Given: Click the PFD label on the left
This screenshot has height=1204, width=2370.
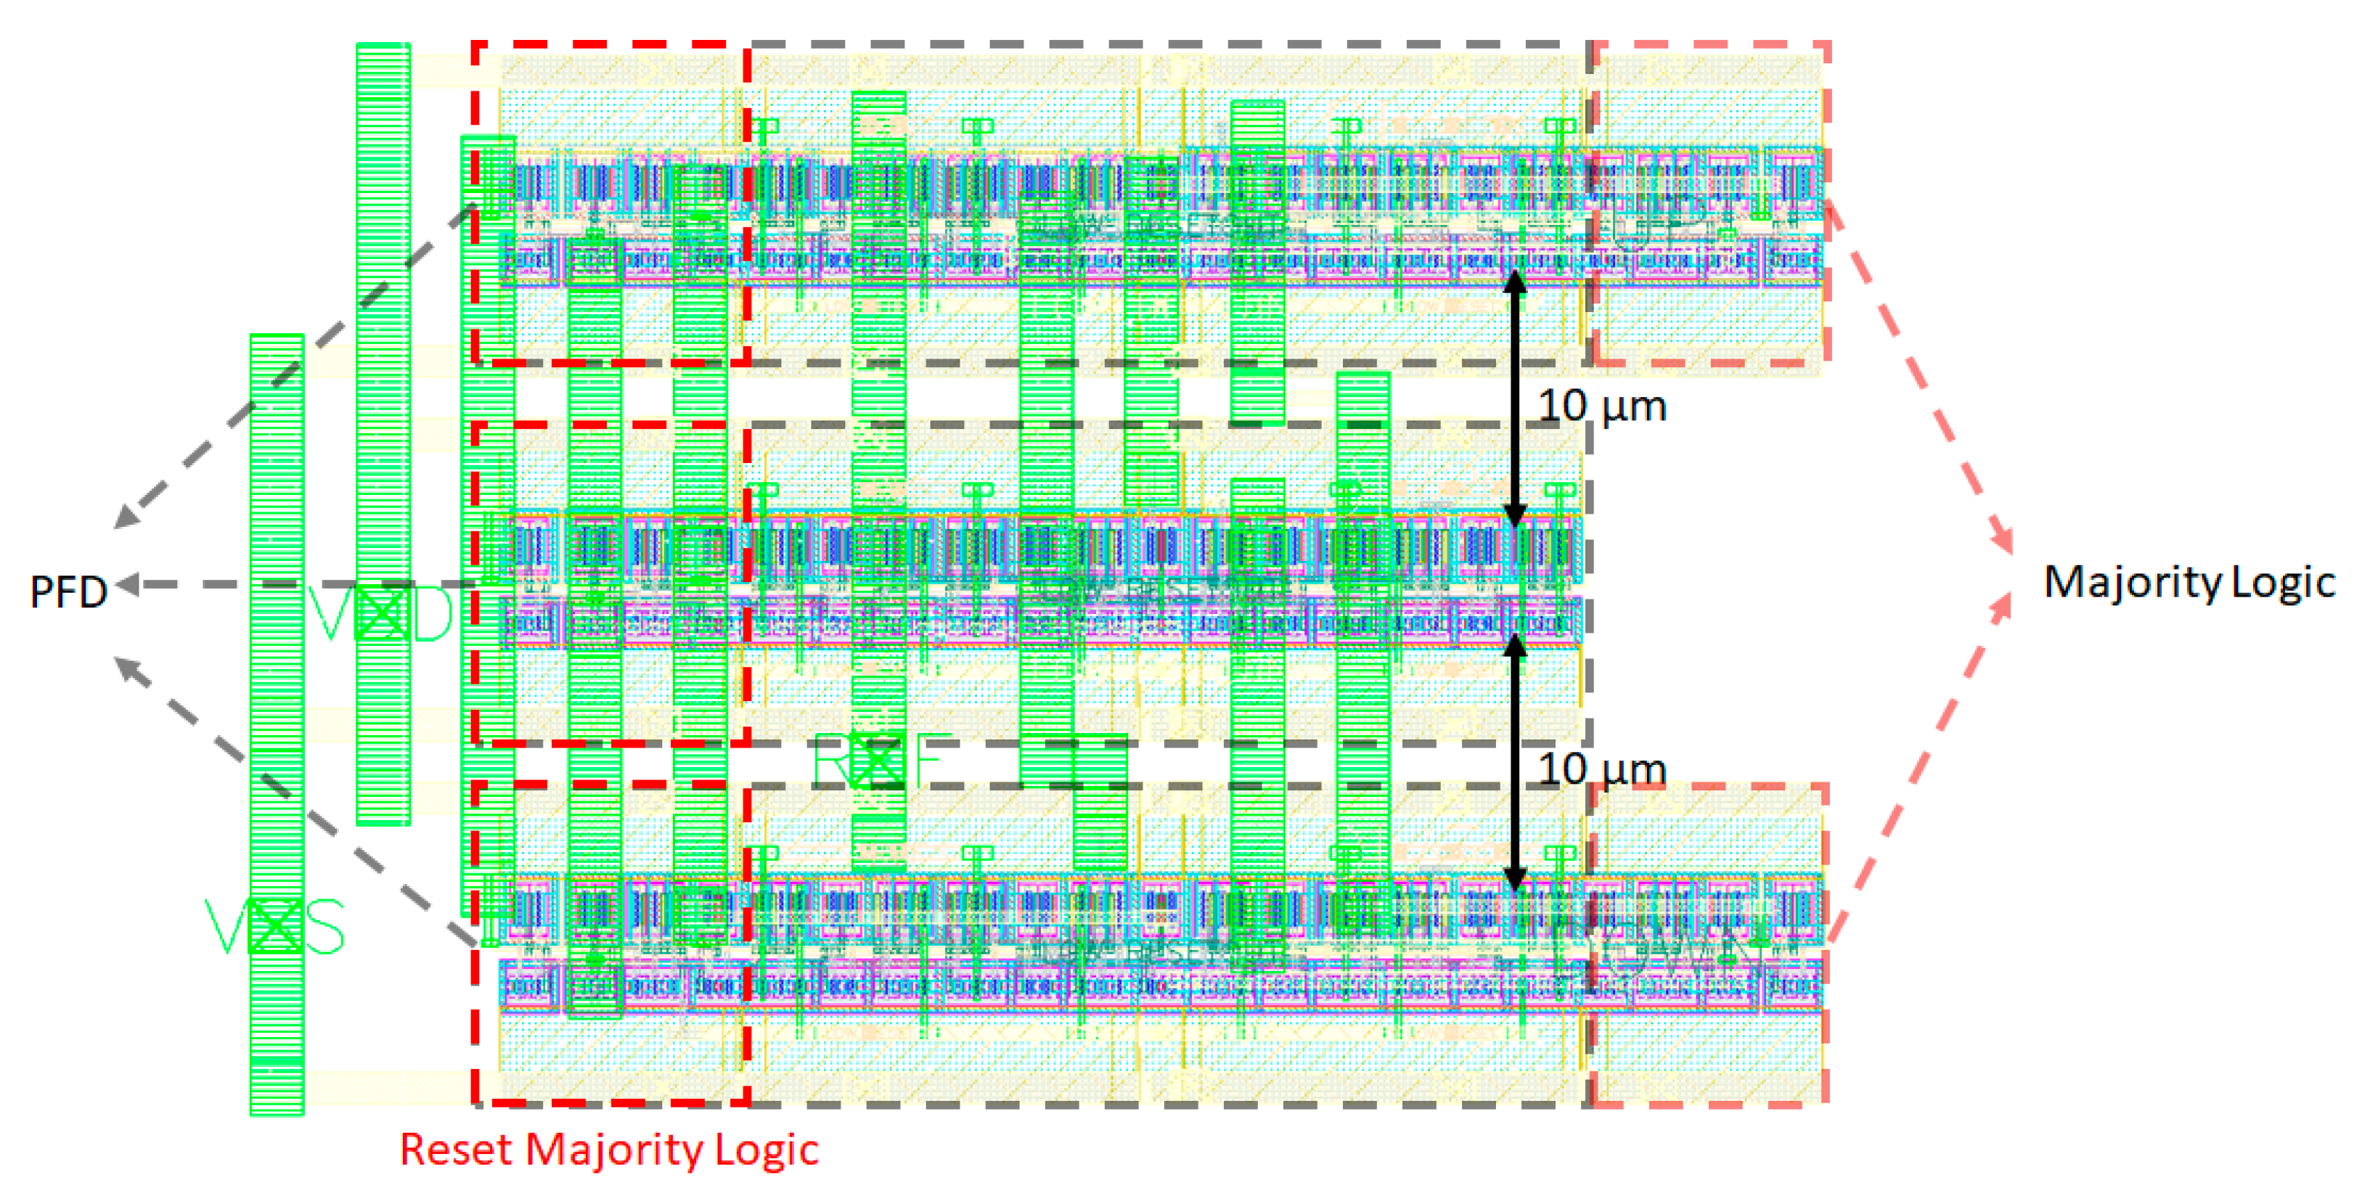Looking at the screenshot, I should click(68, 591).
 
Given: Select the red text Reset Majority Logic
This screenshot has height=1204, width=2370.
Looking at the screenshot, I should click(608, 1150).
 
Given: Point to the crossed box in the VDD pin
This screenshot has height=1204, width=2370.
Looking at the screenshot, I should click(381, 613).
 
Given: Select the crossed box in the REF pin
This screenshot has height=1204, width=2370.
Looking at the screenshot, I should click(877, 760).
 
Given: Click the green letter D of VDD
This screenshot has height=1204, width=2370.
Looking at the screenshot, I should click(433, 613).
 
